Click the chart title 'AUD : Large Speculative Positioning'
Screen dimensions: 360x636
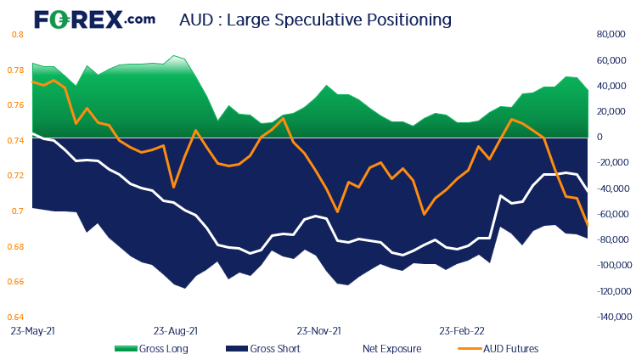(x=315, y=18)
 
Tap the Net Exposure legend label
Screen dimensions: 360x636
(x=387, y=348)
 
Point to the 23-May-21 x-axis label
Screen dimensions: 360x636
(x=31, y=329)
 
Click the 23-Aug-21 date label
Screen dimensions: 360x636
(x=175, y=329)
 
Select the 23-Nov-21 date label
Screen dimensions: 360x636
(x=318, y=329)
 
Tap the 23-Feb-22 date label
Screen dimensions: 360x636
(x=461, y=329)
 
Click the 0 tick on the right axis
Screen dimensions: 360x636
(x=599, y=138)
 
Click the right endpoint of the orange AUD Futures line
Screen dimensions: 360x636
(x=588, y=225)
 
